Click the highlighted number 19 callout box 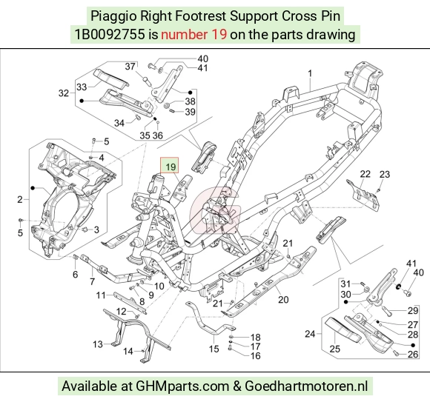(x=170, y=165)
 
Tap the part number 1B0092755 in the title (x=110, y=35)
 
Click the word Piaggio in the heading (x=113, y=16)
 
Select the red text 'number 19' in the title (x=194, y=35)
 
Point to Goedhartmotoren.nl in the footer (x=306, y=386)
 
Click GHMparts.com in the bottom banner (x=182, y=386)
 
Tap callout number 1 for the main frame (x=310, y=73)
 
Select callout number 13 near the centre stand (x=98, y=344)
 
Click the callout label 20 (x=283, y=300)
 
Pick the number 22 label (x=365, y=174)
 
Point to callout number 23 (x=385, y=174)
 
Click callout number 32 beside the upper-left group (x=64, y=93)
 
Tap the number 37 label (x=130, y=67)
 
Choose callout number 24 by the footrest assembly (x=310, y=334)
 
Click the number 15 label (x=214, y=349)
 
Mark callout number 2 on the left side (x=20, y=199)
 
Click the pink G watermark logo (x=215, y=210)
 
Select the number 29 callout (x=413, y=311)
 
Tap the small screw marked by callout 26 (x=396, y=354)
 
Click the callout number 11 (x=101, y=295)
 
